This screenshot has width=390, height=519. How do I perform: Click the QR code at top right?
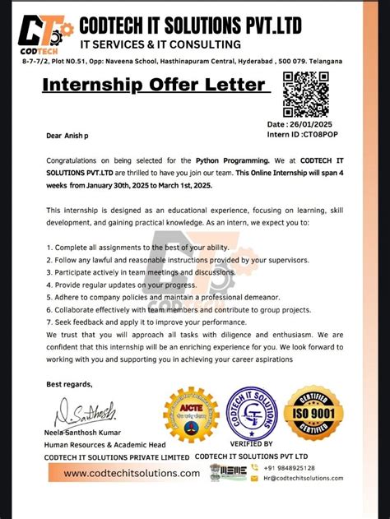[x=306, y=95]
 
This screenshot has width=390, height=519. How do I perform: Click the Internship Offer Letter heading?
[x=154, y=85]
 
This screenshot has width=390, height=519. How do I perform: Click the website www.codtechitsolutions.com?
[x=132, y=473]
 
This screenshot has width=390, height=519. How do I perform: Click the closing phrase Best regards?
[x=69, y=384]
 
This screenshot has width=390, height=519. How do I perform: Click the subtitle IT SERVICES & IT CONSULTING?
[x=160, y=44]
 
